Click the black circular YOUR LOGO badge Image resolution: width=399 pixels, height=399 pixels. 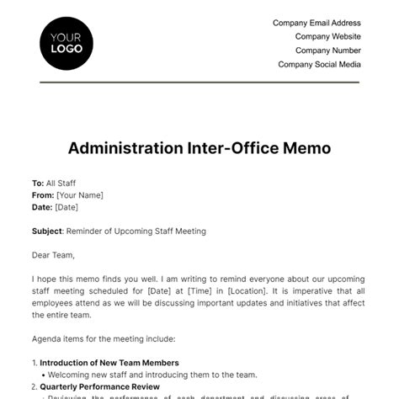point(66,42)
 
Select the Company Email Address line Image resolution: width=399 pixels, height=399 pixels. point(317,24)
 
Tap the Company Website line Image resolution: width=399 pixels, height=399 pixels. point(327,37)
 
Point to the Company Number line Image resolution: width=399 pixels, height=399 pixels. point(327,51)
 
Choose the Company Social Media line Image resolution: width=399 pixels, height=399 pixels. point(319,64)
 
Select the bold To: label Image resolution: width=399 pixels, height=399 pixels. point(37,182)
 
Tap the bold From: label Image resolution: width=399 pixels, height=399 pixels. point(42,194)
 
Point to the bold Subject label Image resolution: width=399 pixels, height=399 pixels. point(46,231)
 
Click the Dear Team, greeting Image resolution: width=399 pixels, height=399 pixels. point(53,256)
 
